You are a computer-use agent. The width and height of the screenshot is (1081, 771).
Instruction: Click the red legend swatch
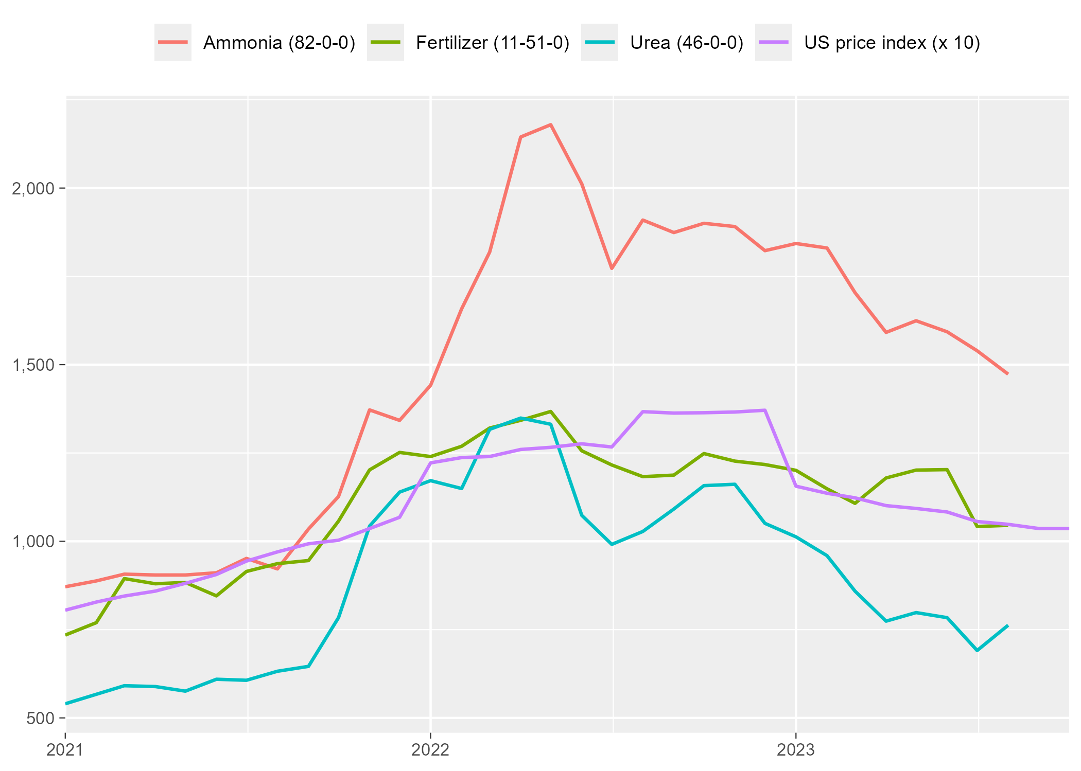(173, 42)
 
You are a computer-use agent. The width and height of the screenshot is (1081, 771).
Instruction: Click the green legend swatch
(385, 42)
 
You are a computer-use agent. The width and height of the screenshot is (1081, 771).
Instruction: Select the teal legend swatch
(599, 42)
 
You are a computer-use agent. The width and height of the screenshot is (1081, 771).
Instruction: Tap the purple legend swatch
(773, 42)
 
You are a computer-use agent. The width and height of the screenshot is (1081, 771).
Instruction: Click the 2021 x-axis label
(65, 750)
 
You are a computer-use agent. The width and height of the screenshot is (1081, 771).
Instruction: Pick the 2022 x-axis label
(430, 750)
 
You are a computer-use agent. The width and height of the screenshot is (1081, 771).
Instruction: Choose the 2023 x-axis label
(796, 750)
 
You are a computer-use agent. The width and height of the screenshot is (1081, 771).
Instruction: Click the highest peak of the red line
(550, 124)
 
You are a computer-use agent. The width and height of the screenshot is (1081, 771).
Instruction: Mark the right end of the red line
(1007, 374)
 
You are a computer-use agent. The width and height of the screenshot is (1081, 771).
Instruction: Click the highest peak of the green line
(550, 411)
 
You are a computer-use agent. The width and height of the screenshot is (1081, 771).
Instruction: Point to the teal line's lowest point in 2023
(977, 651)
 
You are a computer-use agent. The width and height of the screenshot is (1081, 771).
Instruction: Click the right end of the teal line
(1007, 625)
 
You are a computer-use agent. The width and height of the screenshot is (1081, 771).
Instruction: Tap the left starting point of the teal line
(66, 704)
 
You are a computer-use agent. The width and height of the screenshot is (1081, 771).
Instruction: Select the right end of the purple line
(1068, 529)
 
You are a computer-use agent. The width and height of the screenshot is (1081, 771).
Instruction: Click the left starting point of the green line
(66, 635)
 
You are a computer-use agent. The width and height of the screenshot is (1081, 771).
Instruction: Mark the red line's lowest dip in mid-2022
(612, 268)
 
